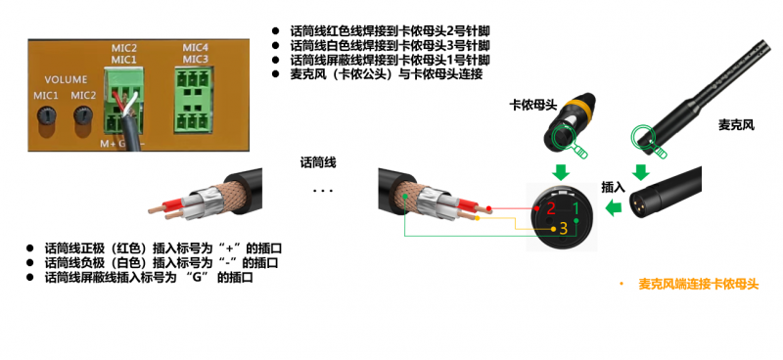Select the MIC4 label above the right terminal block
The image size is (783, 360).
tap(196, 47)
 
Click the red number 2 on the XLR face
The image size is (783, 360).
tap(550, 207)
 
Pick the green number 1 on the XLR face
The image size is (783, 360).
tap(576, 207)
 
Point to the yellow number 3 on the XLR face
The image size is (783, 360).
tap(562, 229)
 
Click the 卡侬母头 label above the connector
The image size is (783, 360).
tap(533, 104)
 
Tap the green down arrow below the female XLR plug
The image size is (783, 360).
tap(561, 170)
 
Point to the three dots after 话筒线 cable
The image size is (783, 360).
tap(322, 191)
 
